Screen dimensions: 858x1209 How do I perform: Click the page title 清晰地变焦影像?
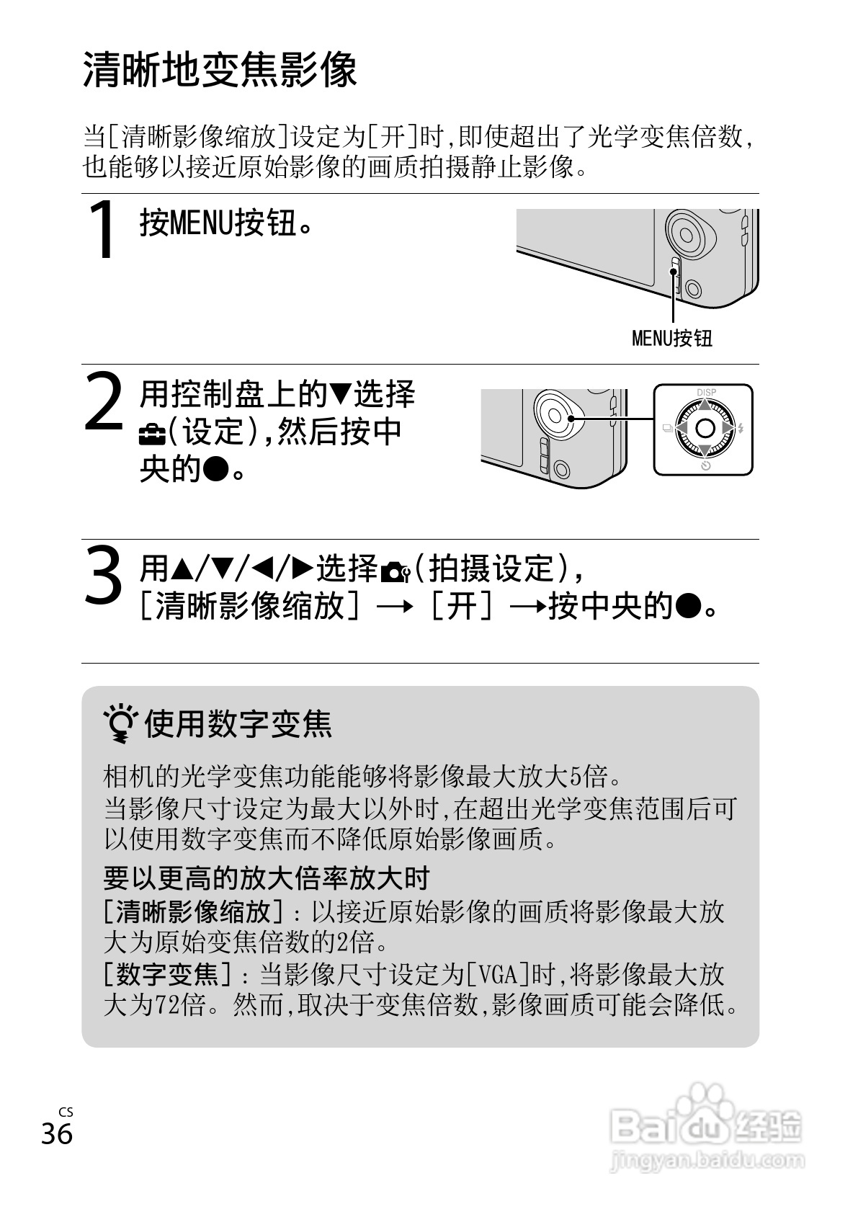pos(220,70)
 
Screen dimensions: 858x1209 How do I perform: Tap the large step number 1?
pos(103,230)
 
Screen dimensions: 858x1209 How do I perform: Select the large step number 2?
pos(104,401)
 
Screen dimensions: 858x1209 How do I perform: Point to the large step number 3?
pos(104,576)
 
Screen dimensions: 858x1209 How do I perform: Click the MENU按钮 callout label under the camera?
pos(672,339)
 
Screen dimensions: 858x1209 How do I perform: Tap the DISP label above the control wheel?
pos(706,393)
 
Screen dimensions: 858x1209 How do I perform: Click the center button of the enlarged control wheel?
pos(705,429)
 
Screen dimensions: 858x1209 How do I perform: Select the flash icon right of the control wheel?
pos(741,429)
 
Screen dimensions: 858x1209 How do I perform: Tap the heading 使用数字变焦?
pos(238,724)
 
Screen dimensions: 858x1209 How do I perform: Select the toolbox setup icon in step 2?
pos(152,435)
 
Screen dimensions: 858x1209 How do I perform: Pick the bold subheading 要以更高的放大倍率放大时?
pos(266,878)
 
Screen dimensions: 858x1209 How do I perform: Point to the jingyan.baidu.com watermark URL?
pos(707,1160)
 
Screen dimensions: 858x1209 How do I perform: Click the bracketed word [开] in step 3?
pos(461,605)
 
